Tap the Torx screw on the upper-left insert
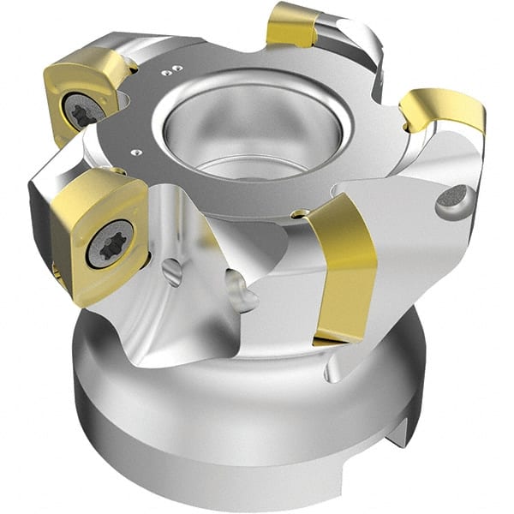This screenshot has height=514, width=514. pos(86,111)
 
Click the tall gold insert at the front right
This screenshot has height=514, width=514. pos(347,266)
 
